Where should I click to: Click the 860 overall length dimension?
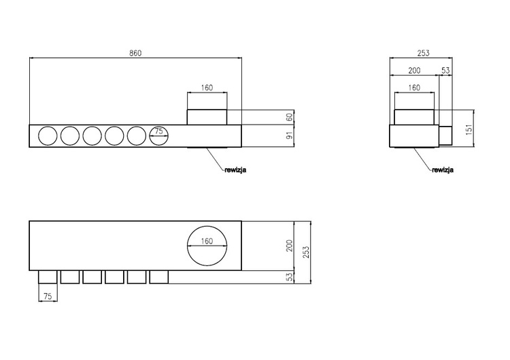[135, 53]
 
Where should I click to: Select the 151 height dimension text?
[469, 129]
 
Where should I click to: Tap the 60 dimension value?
[290, 116]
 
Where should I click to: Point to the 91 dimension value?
[290, 135]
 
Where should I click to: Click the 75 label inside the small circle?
[158, 131]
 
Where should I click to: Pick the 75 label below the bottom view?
[48, 297]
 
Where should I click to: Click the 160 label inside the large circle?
[207, 241]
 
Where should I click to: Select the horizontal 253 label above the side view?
[423, 53]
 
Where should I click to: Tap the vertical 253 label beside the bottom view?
[307, 252]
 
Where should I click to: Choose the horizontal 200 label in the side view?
[414, 71]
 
